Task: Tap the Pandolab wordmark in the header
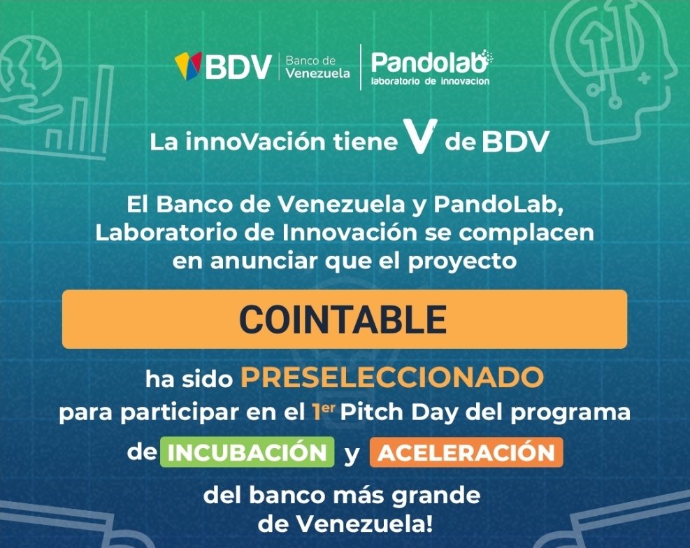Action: [x=429, y=63]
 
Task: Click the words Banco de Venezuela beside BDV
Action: [x=317, y=67]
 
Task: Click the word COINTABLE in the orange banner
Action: [x=343, y=319]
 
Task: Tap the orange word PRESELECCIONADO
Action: [x=391, y=377]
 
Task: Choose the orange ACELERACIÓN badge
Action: [x=466, y=452]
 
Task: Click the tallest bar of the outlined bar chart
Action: [x=103, y=98]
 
